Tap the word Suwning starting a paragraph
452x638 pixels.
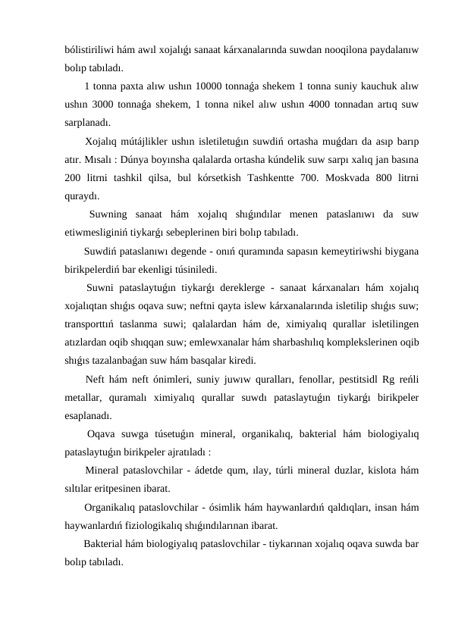click(x=112, y=214)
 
